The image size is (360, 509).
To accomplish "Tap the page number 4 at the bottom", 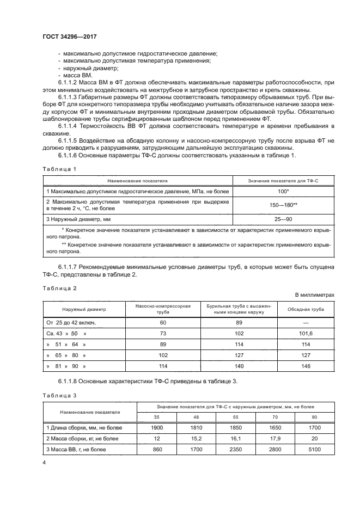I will pyautogui.click(x=44, y=462).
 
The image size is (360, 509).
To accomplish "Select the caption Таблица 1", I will pyautogui.click(x=59, y=169).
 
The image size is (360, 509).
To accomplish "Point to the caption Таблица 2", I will pyautogui.click(x=59, y=287).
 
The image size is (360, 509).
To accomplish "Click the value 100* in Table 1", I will pyautogui.click(x=283, y=192).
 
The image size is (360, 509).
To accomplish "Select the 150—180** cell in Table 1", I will pyautogui.click(x=283, y=205).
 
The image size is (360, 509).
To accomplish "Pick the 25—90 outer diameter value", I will pyautogui.click(x=283, y=219).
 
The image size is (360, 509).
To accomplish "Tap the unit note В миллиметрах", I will pyautogui.click(x=314, y=295).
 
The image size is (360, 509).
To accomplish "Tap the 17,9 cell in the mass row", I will pyautogui.click(x=276, y=438).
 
